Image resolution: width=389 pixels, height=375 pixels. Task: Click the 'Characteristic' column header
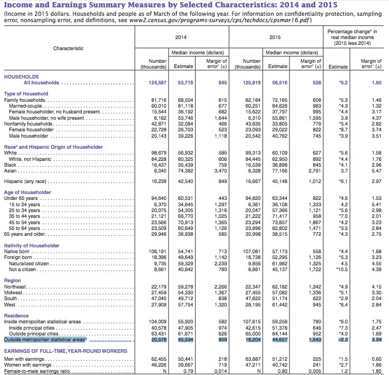(68, 49)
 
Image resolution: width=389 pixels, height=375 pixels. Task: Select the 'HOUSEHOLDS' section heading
(21, 76)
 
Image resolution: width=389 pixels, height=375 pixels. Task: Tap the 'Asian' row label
(11, 156)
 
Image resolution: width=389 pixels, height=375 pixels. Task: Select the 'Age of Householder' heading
(28, 193)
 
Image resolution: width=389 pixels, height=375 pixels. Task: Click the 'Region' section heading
(13, 281)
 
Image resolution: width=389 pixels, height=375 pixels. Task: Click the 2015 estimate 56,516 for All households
(278, 83)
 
